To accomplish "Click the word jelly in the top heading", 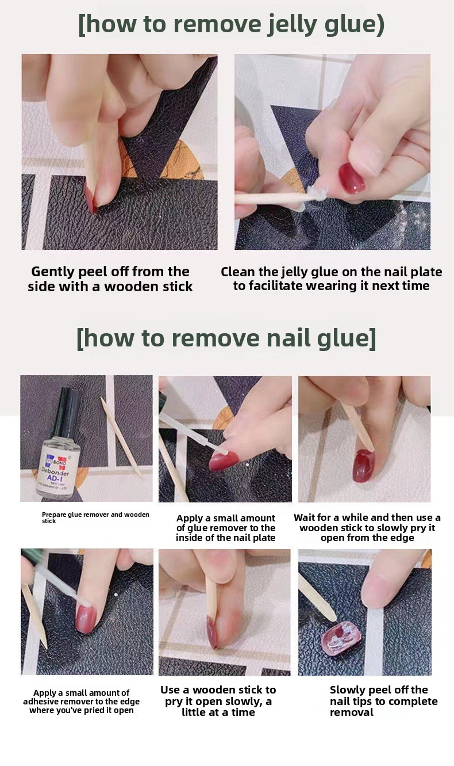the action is coord(292,25).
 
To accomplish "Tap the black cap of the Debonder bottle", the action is coord(68,406).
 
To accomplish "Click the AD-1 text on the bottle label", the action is coord(55,478).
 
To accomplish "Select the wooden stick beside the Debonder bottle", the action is coord(121,437).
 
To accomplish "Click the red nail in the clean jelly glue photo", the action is coord(352,178).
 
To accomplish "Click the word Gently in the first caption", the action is coord(53,272).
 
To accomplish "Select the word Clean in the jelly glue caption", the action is coord(238,272).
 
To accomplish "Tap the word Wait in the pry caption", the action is coord(304,517).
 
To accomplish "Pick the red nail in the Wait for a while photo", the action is coord(364,466).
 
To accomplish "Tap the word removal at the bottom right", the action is coord(352,712).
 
